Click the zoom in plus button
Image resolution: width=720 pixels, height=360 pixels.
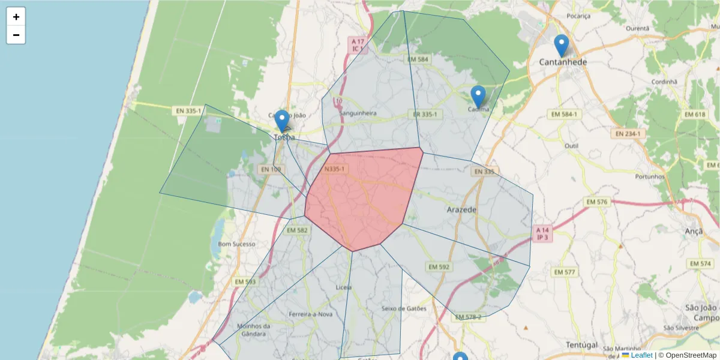[x=16, y=17]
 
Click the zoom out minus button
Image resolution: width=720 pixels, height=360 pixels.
[x=16, y=35]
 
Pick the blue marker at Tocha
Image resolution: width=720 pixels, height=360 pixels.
[x=281, y=121]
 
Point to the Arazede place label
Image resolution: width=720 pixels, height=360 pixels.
[x=462, y=210]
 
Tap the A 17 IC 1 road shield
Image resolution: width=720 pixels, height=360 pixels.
[x=358, y=44]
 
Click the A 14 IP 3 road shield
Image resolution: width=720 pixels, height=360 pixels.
[x=542, y=233]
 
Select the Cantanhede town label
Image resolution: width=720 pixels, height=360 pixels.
[x=563, y=62]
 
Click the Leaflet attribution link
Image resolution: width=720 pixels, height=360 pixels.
[x=641, y=355]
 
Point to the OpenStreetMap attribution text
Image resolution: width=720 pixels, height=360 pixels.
[x=687, y=355]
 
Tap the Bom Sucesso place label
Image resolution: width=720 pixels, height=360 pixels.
[x=236, y=244]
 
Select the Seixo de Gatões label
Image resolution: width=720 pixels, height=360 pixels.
[x=404, y=309]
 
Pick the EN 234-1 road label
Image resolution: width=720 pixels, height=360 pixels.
[x=628, y=134]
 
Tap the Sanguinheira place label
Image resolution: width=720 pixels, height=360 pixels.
[x=358, y=113]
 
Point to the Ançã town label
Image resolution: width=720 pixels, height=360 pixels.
[x=693, y=231]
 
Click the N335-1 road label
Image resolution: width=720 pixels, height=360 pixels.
[x=334, y=169]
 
